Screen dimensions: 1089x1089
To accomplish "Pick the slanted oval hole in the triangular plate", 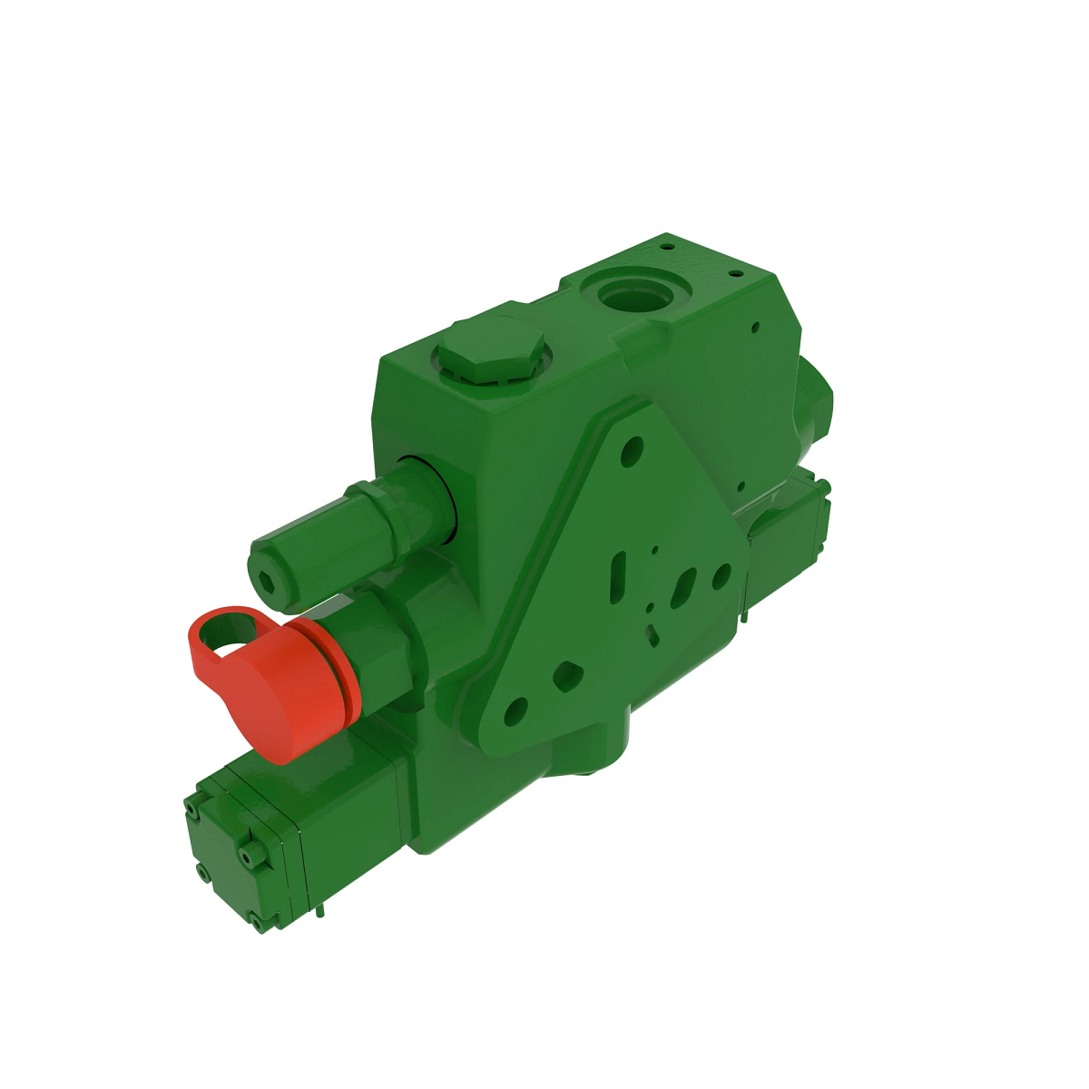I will [x=682, y=588].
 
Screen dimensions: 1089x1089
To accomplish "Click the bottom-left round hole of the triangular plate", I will [x=515, y=711].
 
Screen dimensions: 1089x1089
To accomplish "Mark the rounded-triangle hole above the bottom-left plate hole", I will [x=567, y=673].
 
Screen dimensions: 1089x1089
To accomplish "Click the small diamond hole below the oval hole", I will [x=653, y=632].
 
